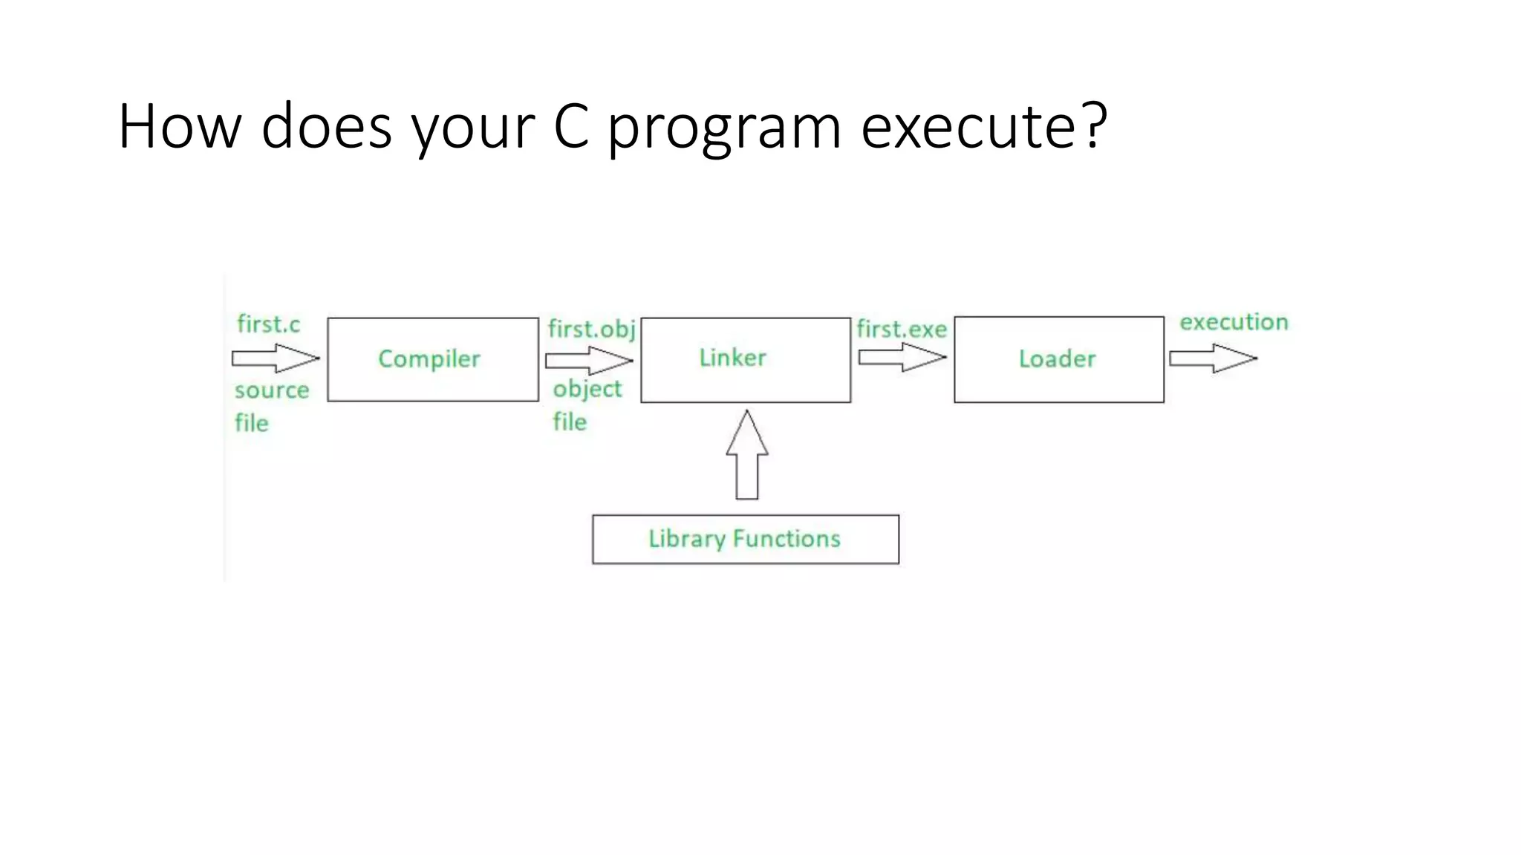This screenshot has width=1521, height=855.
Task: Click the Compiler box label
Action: pos(429,359)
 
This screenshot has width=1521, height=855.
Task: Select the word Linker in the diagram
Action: pos(732,358)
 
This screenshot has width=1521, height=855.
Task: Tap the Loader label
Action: pos(1057,359)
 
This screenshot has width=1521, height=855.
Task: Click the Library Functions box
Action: pos(745,539)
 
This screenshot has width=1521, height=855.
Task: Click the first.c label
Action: pos(268,324)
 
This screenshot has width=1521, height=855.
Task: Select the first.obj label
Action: pos(591,330)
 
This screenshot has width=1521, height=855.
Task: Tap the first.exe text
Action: pos(901,329)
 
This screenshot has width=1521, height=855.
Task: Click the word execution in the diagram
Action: pos(1234,322)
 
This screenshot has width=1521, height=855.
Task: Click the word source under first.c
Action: pos(272,390)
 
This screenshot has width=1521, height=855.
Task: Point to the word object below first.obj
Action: pos(587,390)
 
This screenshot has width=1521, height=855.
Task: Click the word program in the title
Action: pos(724,128)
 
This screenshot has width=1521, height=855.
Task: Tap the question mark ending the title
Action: pos(1095,125)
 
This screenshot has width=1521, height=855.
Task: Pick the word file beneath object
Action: pos(570,422)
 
